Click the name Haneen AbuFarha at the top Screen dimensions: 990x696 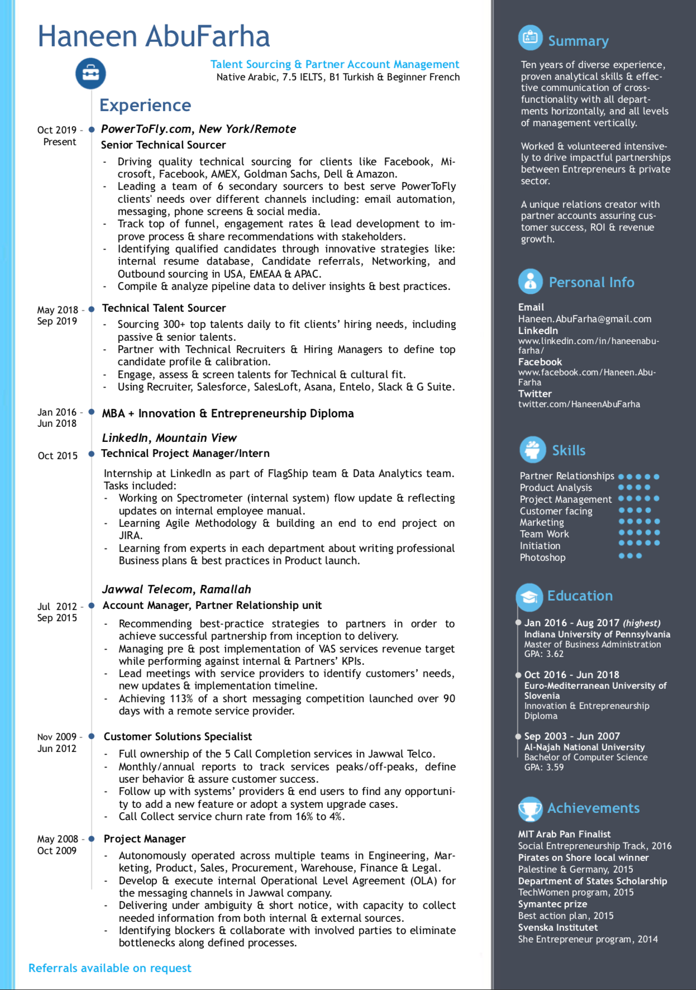tap(154, 36)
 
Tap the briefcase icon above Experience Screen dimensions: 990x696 tap(90, 73)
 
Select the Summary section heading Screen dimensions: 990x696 tap(578, 41)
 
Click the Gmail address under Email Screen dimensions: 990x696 tap(584, 319)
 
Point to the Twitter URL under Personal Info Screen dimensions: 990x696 tap(579, 404)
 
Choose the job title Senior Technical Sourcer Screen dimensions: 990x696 tap(163, 145)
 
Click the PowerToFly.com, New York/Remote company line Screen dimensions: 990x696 tap(198, 129)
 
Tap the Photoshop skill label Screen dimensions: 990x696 tap(542, 558)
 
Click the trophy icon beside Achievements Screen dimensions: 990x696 tap(530, 808)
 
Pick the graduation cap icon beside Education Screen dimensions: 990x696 tap(529, 596)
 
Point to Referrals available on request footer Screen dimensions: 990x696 tap(110, 968)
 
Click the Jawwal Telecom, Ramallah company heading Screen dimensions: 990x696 tap(177, 589)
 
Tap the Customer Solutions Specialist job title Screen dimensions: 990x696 tap(178, 736)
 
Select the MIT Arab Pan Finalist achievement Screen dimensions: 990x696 tap(564, 834)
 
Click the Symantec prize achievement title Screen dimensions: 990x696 tap(552, 904)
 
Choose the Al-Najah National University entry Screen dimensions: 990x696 tap(584, 747)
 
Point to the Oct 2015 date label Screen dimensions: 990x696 tap(58, 456)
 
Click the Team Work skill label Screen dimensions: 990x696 tap(544, 534)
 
